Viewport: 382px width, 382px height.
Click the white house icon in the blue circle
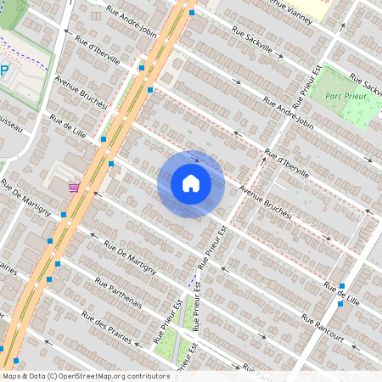(190, 183)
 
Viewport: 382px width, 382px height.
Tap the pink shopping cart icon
(76, 186)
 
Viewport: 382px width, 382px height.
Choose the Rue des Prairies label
(106, 327)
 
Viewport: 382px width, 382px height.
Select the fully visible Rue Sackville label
(250, 38)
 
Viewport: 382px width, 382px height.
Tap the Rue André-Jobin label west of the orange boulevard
(132, 23)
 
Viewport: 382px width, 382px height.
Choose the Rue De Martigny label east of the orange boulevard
(129, 256)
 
